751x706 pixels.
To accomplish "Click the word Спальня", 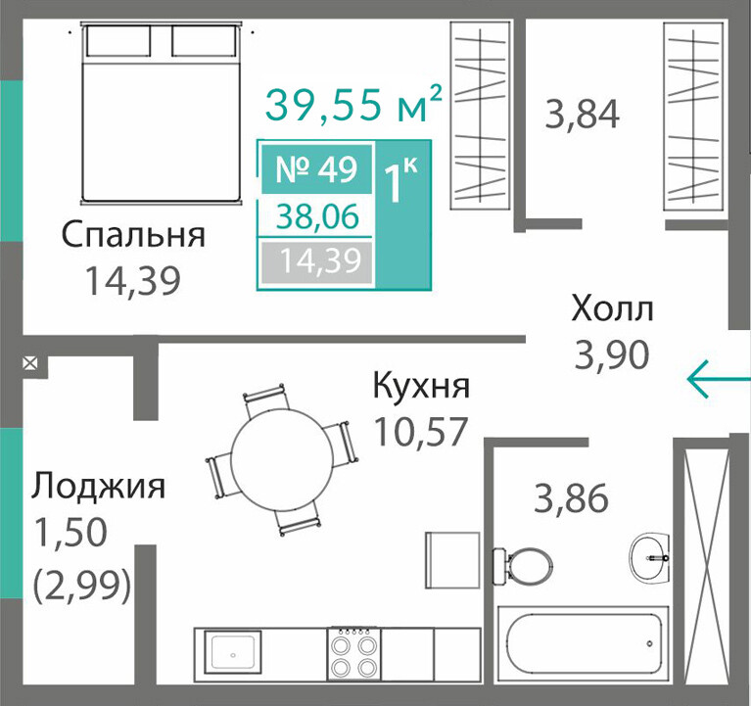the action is tap(133, 236).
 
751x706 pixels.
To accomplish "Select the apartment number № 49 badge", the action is tap(316, 169).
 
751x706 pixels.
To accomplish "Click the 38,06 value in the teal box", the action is tap(318, 215).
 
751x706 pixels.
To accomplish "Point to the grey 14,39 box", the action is tap(316, 261).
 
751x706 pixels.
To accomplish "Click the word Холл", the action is tap(612, 308).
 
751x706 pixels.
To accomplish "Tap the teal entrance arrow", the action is tap(719, 379).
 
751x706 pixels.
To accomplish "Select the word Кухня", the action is tap(421, 386).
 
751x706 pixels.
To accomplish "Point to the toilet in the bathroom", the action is tap(522, 566).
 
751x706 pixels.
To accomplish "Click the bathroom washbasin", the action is tap(649, 556).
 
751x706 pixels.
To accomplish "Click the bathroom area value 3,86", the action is tap(571, 498).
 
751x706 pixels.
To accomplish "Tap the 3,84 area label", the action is tap(583, 114).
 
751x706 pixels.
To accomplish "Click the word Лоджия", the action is tap(98, 486).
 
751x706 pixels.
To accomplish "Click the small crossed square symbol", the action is tap(30, 364).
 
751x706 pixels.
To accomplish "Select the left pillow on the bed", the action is tap(118, 41).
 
